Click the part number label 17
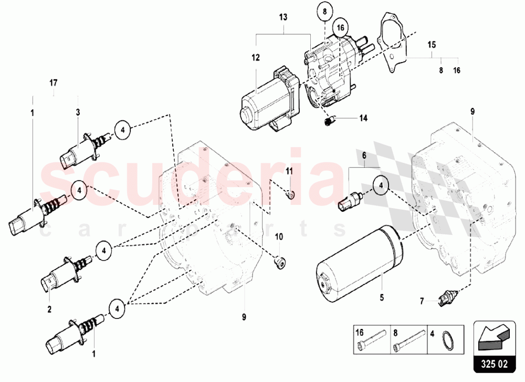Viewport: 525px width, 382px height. [54, 82]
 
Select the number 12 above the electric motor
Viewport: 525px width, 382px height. [256, 58]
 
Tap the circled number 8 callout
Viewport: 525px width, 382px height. [324, 12]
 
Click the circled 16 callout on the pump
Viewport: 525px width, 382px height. [341, 27]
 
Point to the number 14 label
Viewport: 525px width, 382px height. [363, 118]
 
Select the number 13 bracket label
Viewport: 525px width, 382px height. [283, 17]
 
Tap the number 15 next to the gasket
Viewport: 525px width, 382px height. [432, 44]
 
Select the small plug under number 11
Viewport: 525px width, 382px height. [290, 194]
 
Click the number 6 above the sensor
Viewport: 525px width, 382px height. [364, 155]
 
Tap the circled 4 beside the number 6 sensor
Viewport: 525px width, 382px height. [381, 184]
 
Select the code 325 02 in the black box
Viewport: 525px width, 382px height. [494, 364]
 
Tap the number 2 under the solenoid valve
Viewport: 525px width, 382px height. [49, 309]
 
